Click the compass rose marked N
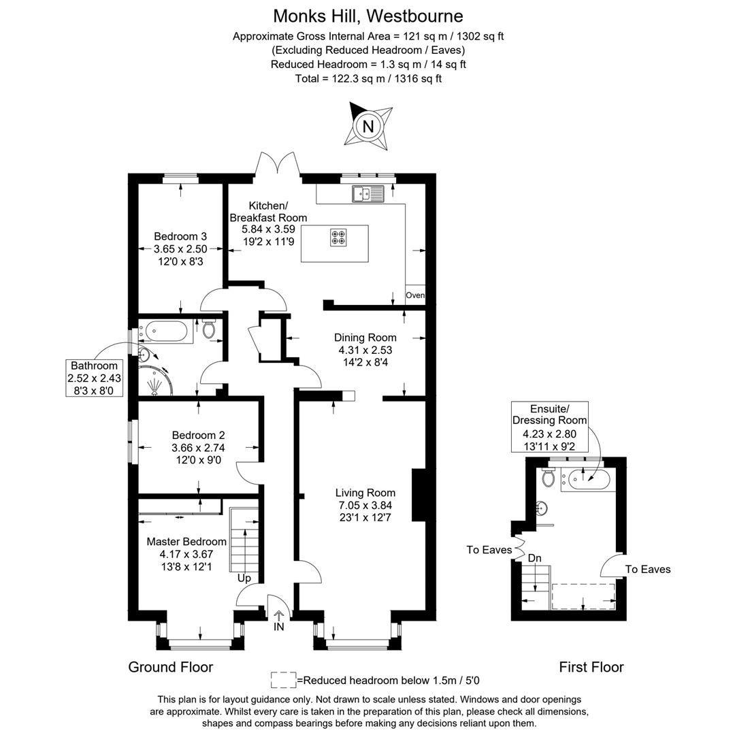(368, 126)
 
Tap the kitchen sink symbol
(368, 194)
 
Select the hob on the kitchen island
(338, 238)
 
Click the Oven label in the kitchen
(415, 295)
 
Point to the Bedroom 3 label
(180, 236)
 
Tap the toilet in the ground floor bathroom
(210, 330)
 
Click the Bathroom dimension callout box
(94, 378)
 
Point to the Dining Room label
(365, 338)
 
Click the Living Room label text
(365, 493)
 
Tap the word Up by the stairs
(244, 578)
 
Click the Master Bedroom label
(186, 542)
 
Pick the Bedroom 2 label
(198, 435)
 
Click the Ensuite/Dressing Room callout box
(549, 427)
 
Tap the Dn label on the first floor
(535, 558)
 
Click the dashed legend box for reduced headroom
(283, 680)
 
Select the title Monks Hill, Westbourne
(368, 16)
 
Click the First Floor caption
(591, 667)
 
